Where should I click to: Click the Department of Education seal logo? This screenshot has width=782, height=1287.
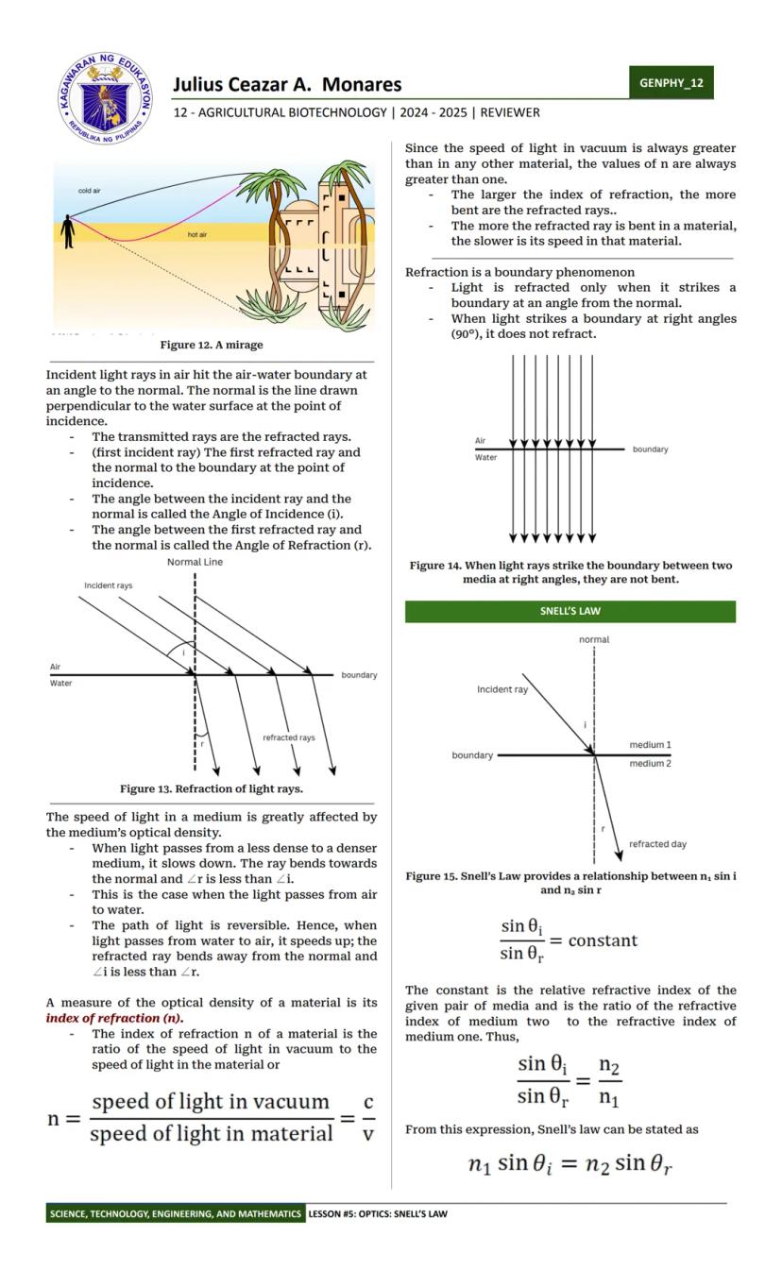(104, 98)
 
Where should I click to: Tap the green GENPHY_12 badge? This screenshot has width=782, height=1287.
(671, 82)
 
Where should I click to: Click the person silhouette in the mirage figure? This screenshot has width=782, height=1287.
(67, 231)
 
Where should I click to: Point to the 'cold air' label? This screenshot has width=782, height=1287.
(90, 191)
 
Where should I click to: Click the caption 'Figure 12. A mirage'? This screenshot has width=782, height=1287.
(212, 345)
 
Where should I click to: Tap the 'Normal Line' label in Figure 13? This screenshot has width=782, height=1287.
(195, 562)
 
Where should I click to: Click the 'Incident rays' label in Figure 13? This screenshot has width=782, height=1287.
(109, 585)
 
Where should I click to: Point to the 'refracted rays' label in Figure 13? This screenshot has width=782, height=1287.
(289, 737)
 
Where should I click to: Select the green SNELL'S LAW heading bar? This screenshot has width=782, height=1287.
(569, 611)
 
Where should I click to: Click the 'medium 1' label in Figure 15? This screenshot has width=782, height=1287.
(650, 745)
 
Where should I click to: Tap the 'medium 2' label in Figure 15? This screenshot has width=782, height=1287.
(650, 763)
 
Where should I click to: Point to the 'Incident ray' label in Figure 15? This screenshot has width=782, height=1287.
(502, 689)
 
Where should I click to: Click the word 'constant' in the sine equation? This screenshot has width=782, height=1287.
(603, 940)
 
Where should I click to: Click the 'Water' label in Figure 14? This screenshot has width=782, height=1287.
(485, 457)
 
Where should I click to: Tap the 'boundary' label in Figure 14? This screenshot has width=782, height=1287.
(650, 449)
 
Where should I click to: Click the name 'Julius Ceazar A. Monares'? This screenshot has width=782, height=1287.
(287, 85)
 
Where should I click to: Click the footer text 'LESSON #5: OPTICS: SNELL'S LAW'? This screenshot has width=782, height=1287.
(377, 1213)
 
